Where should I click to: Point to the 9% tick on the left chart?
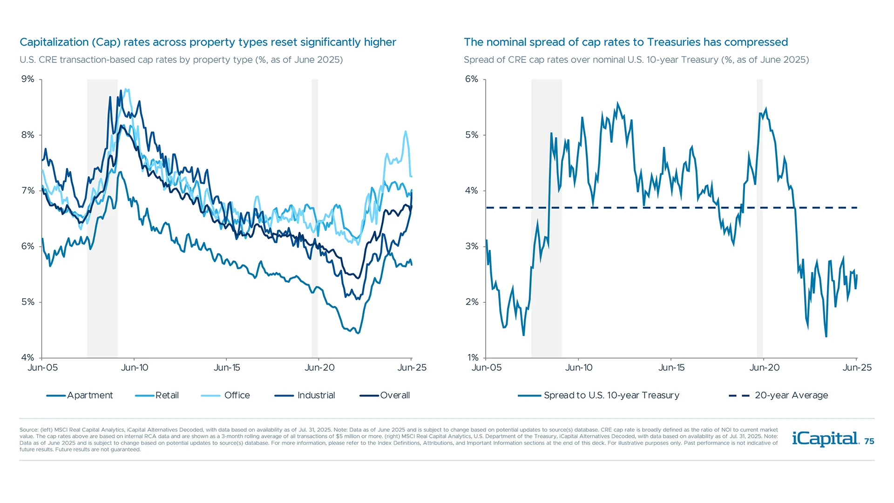pyautogui.click(x=28, y=79)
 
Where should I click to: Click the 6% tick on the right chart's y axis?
pyautogui.click(x=472, y=79)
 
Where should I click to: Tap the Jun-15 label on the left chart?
pyautogui.click(x=227, y=367)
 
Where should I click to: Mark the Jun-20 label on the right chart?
pyautogui.click(x=764, y=367)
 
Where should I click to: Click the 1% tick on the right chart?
pyautogui.click(x=473, y=358)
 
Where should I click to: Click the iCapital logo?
pyautogui.click(x=825, y=439)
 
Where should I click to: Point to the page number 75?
pyautogui.click(x=869, y=442)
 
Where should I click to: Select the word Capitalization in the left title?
pyautogui.click(x=54, y=42)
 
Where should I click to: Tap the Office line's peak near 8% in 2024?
pyautogui.click(x=406, y=132)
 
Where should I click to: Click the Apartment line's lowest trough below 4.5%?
pyautogui.click(x=358, y=333)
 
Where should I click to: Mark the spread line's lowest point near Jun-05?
pyautogui.click(x=523, y=335)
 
